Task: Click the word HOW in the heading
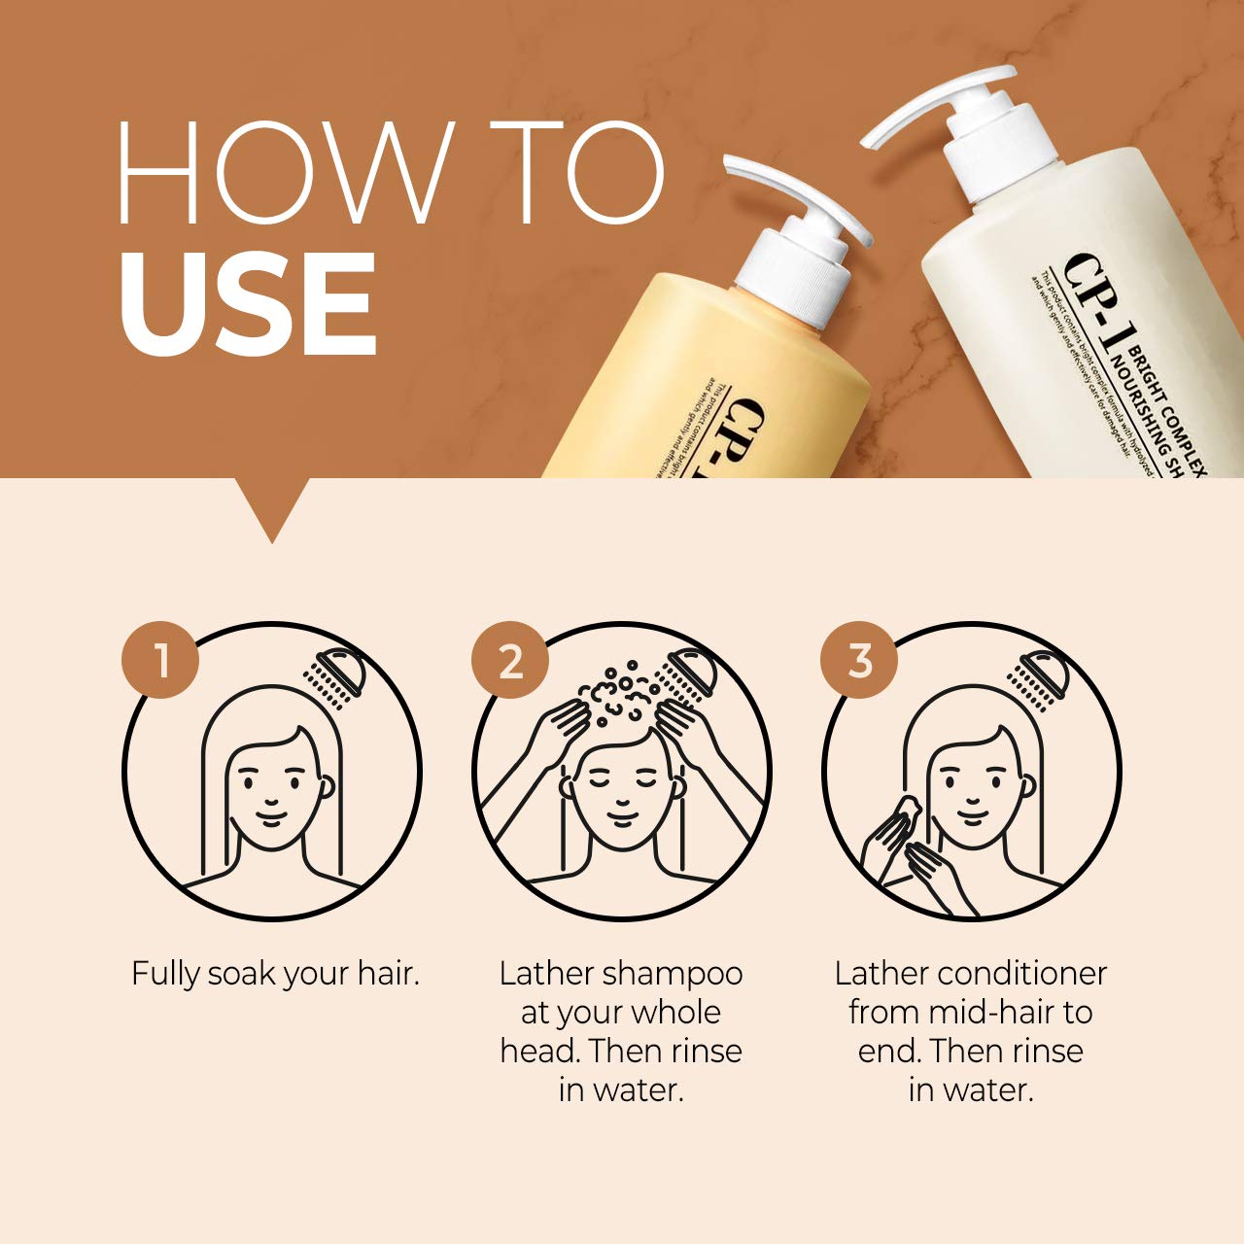[282, 173]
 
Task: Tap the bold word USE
[248, 304]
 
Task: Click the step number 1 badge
[160, 662]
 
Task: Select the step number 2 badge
[510, 662]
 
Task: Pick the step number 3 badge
[860, 662]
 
